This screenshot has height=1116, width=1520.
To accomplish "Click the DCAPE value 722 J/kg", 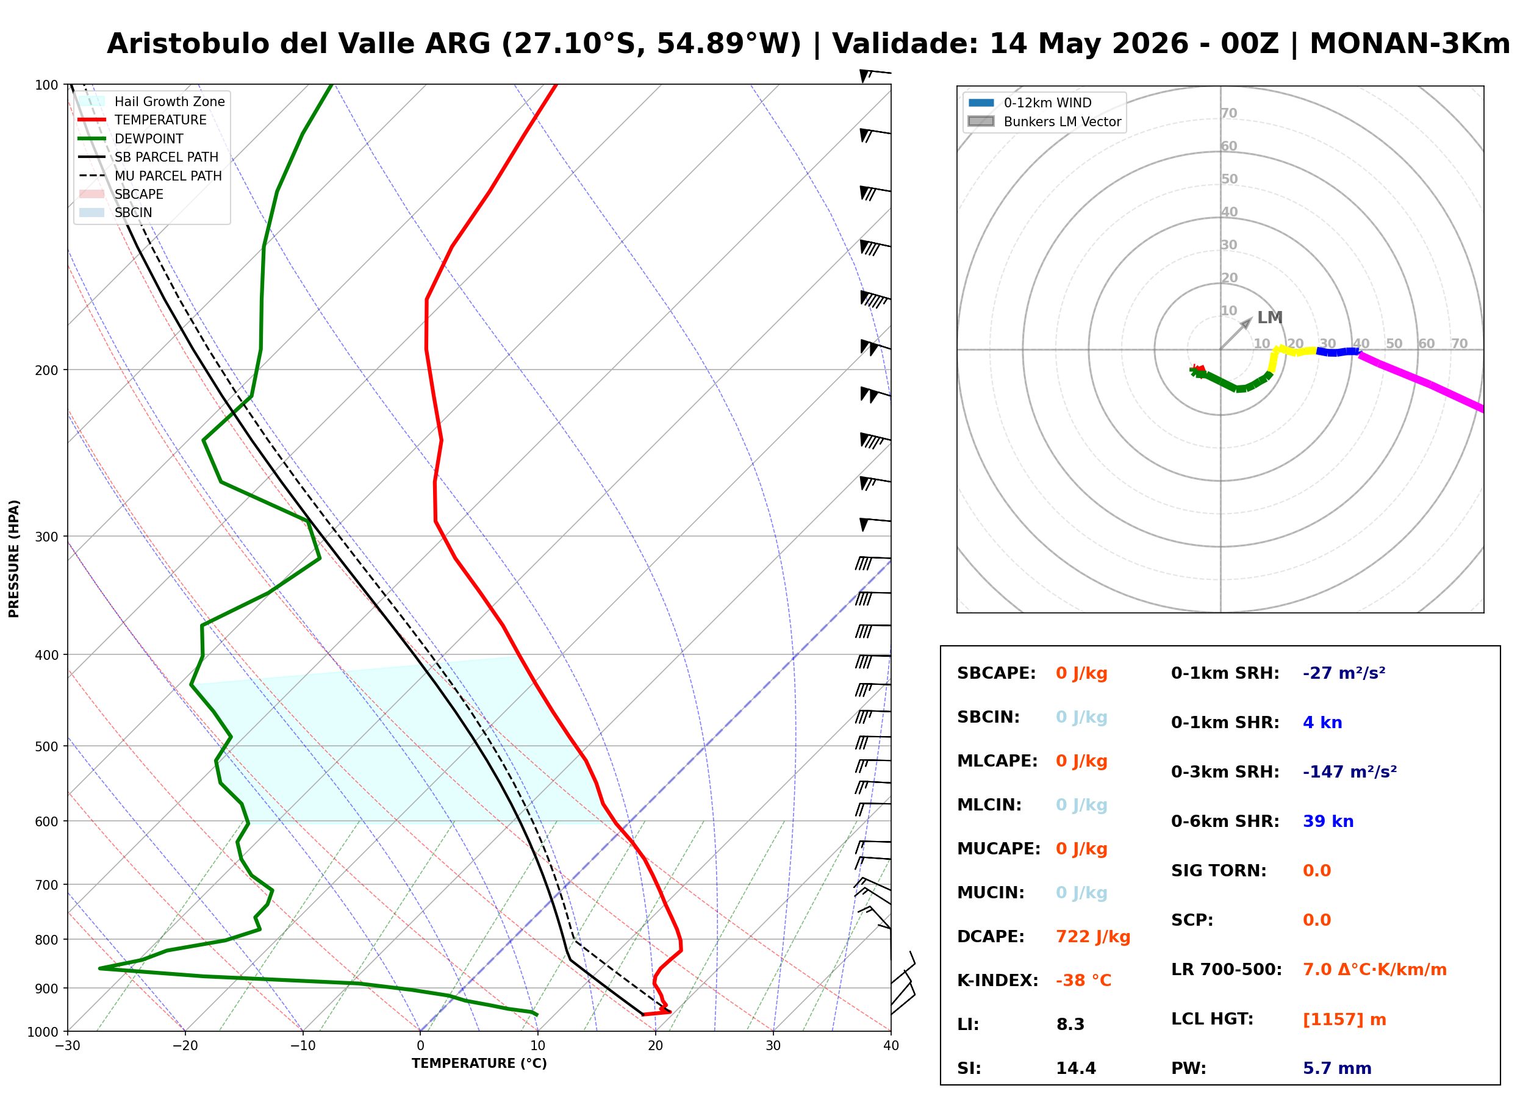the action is pyautogui.click(x=1092, y=936).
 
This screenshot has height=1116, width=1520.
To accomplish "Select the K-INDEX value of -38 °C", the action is pyautogui.click(x=1083, y=980).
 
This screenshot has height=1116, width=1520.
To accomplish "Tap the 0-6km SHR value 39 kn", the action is pyautogui.click(x=1327, y=821).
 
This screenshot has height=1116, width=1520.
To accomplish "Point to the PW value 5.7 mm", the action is pyautogui.click(x=1336, y=1068).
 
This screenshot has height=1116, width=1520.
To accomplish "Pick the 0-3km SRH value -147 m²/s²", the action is pyautogui.click(x=1349, y=771).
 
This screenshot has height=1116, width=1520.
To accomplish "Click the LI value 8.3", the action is pyautogui.click(x=1070, y=1024).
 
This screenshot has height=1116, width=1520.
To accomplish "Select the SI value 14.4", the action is pyautogui.click(x=1075, y=1068).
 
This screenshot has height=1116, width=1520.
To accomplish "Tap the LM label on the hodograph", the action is pyautogui.click(x=1269, y=318).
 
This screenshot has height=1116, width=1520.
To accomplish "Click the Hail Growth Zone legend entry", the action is pyautogui.click(x=151, y=101).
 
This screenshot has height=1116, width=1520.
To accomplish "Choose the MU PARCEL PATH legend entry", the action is pyautogui.click(x=151, y=176).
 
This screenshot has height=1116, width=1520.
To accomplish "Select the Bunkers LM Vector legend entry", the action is pyautogui.click(x=1044, y=121).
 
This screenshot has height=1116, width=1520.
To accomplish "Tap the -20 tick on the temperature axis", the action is pyautogui.click(x=185, y=1045).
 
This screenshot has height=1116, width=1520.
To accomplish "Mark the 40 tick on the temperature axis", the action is pyautogui.click(x=891, y=1045).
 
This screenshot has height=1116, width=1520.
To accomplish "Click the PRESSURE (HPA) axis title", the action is pyautogui.click(x=14, y=558).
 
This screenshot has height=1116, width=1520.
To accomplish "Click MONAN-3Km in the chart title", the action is pyautogui.click(x=1409, y=44).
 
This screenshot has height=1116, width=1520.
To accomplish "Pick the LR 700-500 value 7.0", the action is pyautogui.click(x=1316, y=970).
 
